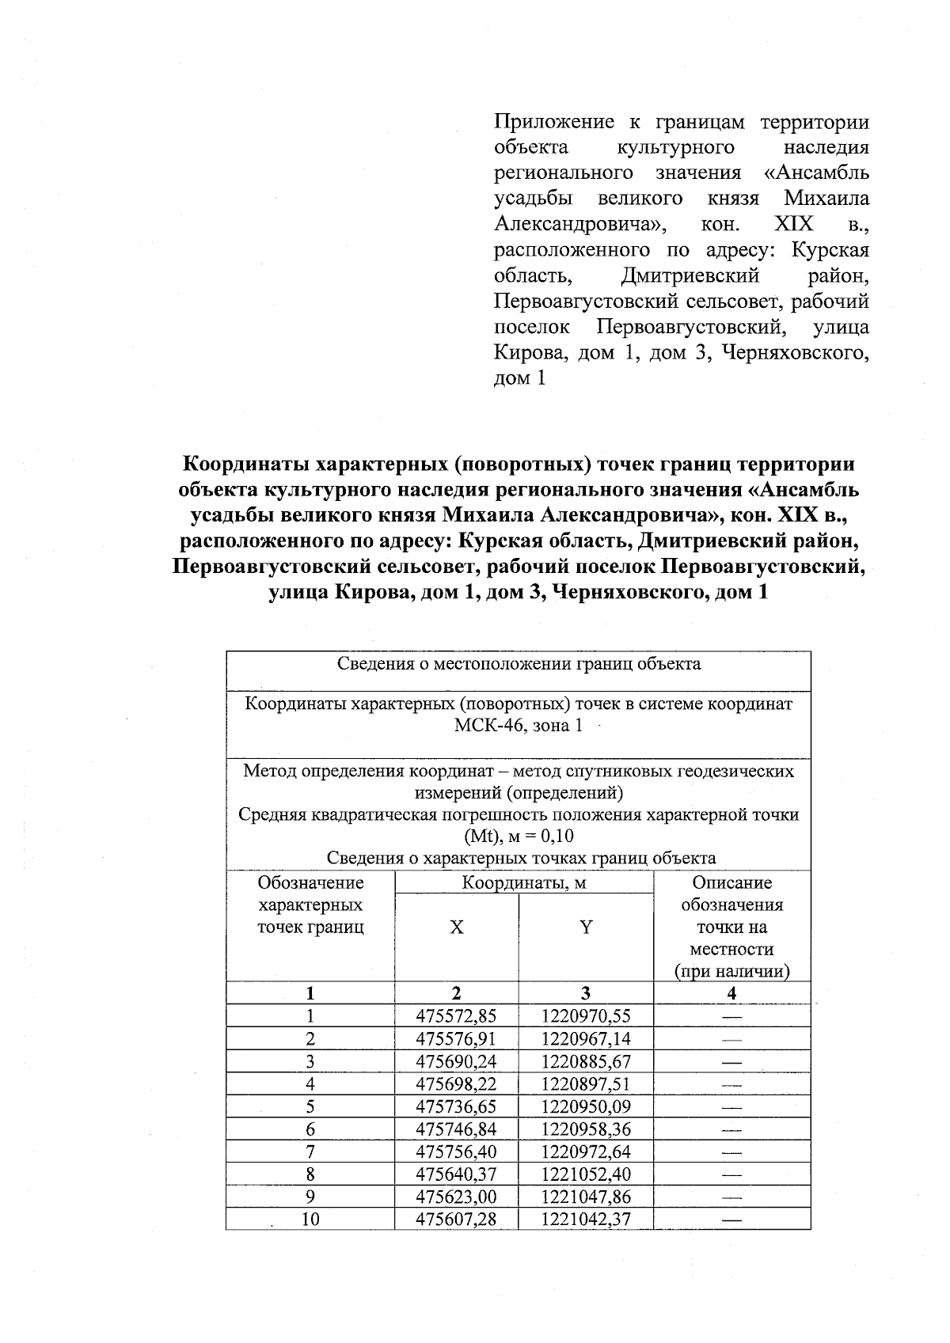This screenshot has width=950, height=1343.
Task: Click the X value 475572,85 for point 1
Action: coord(456,1016)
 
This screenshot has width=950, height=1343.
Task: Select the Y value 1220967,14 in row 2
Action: coord(586,1038)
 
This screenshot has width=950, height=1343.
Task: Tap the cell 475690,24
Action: coord(456,1061)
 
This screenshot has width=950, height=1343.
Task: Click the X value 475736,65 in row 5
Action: coord(456,1106)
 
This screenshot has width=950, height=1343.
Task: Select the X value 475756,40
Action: coord(456,1151)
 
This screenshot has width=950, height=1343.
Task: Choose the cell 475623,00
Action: coord(456,1197)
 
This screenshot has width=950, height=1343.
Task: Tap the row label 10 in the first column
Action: coord(310,1220)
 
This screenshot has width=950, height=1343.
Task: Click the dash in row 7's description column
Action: coord(731,1151)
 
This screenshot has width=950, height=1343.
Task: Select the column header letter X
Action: coord(457,928)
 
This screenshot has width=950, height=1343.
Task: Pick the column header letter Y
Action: coord(586,928)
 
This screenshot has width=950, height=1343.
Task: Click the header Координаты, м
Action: coord(524,883)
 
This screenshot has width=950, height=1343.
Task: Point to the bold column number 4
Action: coord(731,993)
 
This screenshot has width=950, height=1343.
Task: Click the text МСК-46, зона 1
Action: coord(519,726)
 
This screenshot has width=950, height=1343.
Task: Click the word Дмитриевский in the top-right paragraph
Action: coord(690,276)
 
